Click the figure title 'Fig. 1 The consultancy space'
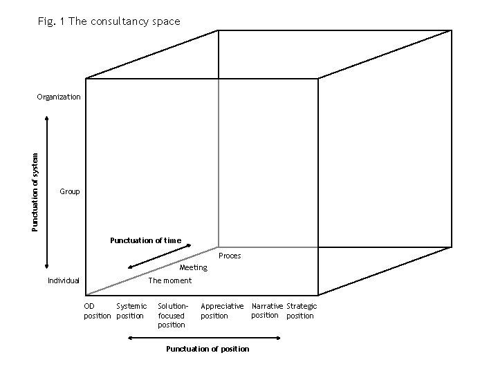coord(109,21)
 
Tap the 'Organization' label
coord(59,97)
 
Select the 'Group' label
coord(70,191)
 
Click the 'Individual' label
coord(64,280)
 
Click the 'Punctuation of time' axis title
coord(145,240)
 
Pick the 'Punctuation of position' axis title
coord(207,349)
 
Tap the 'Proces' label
coord(230,256)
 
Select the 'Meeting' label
coord(193,267)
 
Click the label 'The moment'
coord(170,280)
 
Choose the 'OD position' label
coord(97,311)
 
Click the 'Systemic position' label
coord(131,311)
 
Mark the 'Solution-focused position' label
coord(172,315)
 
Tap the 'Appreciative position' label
coord(222,311)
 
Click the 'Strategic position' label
coord(302,311)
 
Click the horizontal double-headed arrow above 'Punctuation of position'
coord(205,338)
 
